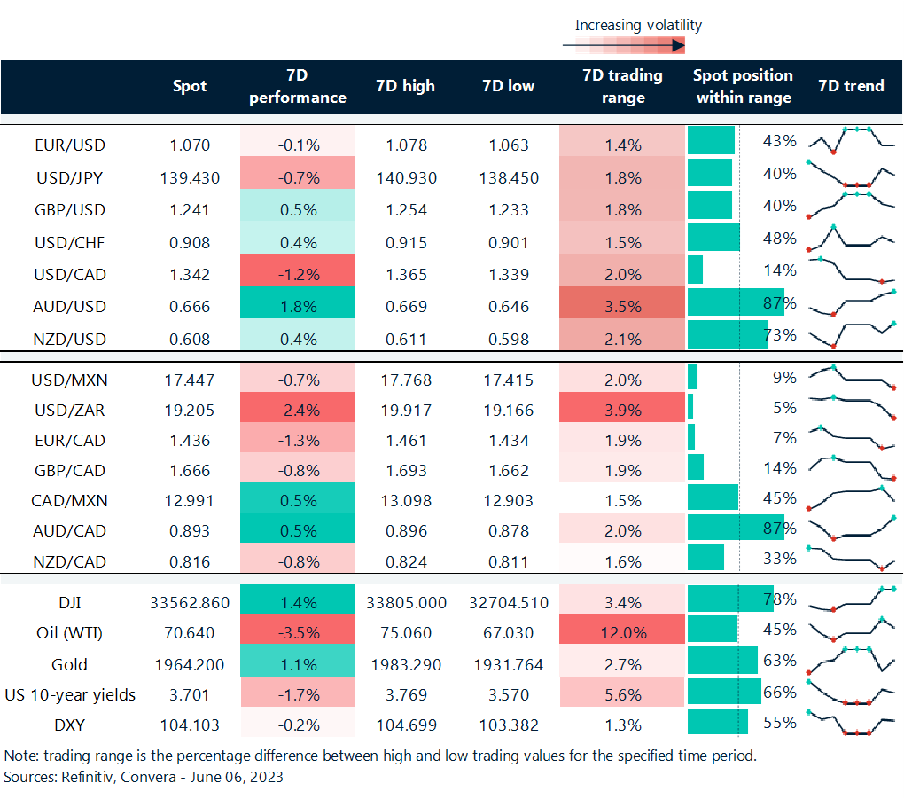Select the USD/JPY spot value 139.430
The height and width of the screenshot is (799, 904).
point(189,177)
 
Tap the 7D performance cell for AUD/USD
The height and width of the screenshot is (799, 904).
point(297,307)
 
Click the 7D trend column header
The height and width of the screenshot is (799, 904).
point(851,86)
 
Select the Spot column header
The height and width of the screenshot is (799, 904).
point(190,86)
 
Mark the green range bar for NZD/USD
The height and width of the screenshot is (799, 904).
point(728,334)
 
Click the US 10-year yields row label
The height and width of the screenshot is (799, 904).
point(69,694)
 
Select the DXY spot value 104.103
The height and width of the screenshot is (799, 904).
point(189,725)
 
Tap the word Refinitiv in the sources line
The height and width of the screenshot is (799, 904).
point(82,777)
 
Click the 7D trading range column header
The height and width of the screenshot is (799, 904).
point(622,86)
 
